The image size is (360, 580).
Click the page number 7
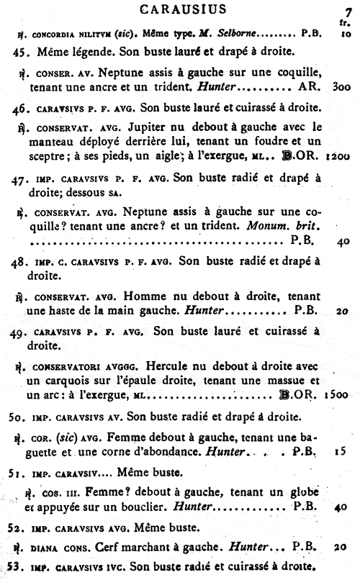347,12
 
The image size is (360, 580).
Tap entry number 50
22,417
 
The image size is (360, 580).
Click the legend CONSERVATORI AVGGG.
76,365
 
